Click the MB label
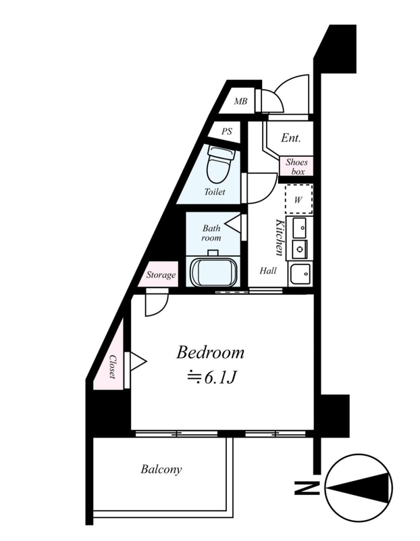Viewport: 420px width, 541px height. pos(240,102)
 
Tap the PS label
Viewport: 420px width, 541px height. pos(226,132)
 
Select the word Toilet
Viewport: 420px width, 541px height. pos(215,192)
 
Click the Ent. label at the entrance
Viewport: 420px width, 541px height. pos(291,139)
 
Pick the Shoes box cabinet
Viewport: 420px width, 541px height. pos(296,166)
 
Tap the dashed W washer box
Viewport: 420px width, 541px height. pos(298,199)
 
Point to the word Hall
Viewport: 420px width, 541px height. pos(268,270)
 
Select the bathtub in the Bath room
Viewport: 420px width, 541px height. pos(213,270)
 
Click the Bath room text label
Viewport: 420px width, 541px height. pos(212,233)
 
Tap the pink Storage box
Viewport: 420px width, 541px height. pos(161,275)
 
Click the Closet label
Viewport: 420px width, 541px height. pos(112,367)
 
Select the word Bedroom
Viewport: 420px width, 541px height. pos(210,352)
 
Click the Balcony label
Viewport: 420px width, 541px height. pos(161,469)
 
